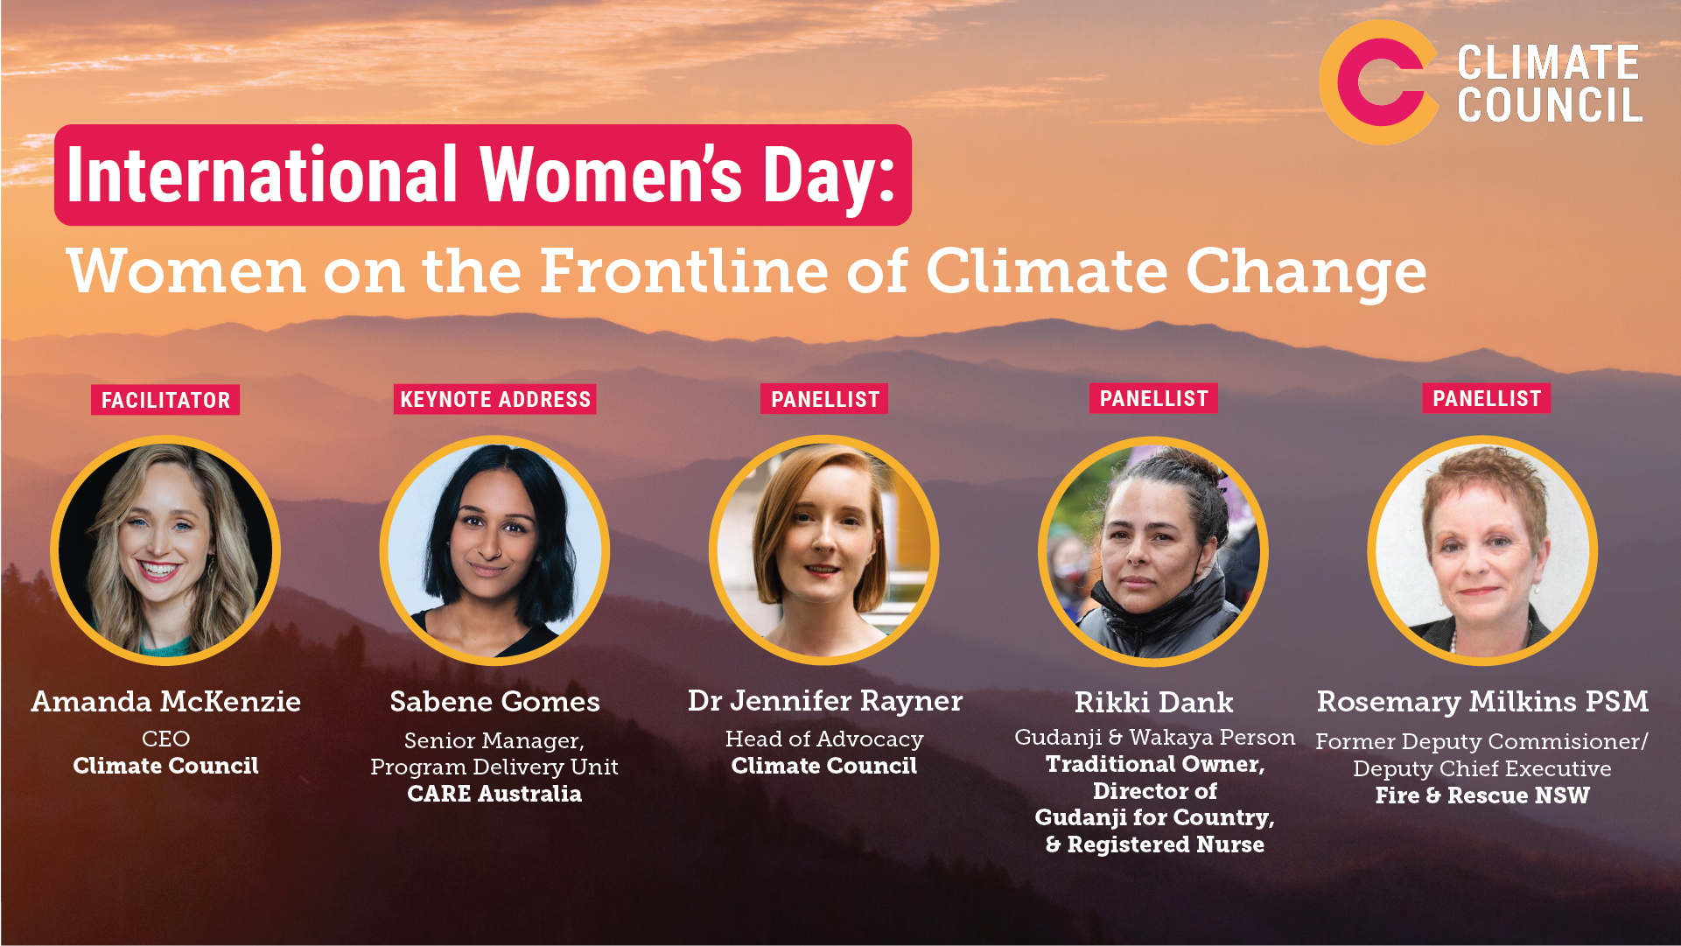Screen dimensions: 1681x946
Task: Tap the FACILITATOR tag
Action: point(165,400)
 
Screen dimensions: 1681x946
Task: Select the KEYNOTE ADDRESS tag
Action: point(495,399)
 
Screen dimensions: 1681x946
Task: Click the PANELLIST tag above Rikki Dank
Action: point(1153,398)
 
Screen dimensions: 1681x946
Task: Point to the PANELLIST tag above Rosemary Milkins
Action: point(1486,398)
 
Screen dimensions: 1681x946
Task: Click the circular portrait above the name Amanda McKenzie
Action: point(165,550)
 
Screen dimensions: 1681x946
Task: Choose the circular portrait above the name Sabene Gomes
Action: point(494,550)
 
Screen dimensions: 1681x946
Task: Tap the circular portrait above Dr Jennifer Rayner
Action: point(823,550)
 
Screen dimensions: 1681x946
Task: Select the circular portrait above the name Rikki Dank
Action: point(1153,550)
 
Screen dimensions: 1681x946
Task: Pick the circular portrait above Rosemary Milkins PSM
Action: point(1482,550)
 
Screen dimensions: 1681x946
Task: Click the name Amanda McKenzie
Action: point(166,701)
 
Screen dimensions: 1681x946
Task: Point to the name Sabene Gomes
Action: point(495,701)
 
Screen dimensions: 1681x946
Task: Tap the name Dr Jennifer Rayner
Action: point(825,701)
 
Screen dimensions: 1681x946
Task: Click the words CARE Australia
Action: point(494,794)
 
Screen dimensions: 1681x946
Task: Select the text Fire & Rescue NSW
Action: point(1482,795)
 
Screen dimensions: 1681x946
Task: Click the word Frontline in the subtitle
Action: point(683,270)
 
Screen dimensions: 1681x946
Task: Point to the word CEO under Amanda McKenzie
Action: point(165,739)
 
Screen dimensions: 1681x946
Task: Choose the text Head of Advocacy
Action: point(824,739)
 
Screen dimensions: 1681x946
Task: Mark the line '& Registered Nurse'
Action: point(1155,844)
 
